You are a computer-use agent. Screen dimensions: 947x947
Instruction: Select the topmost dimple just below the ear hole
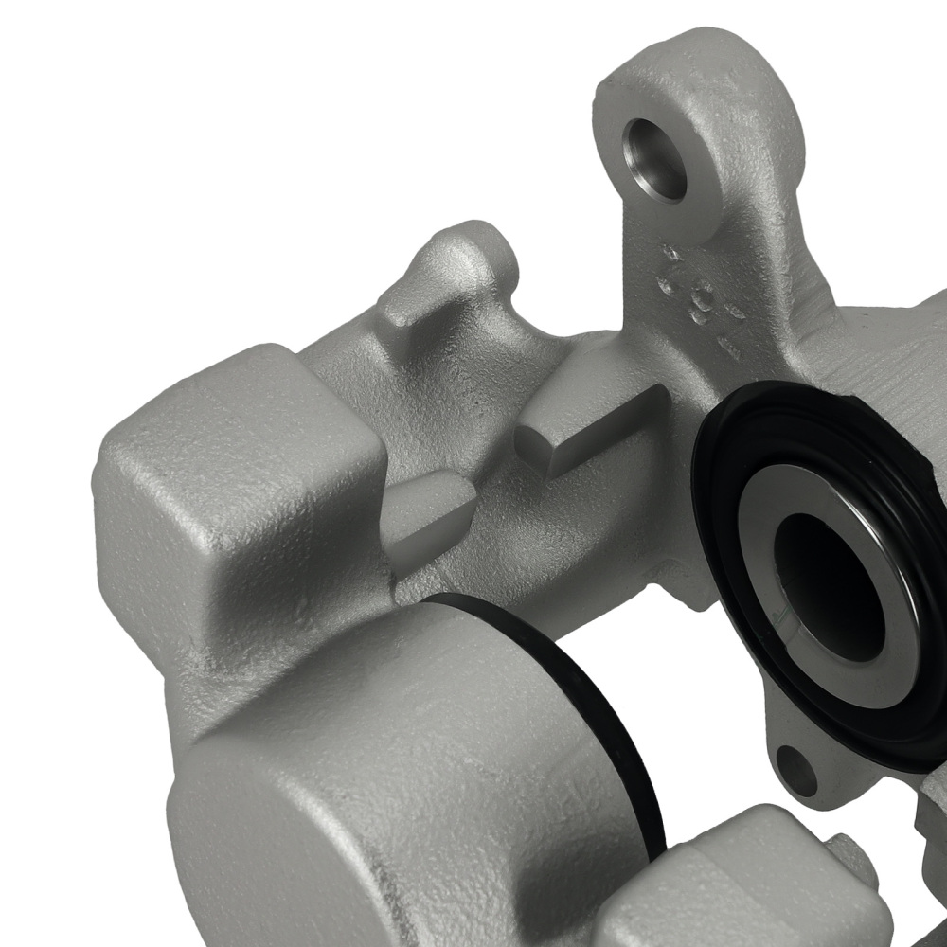coord(670,253)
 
